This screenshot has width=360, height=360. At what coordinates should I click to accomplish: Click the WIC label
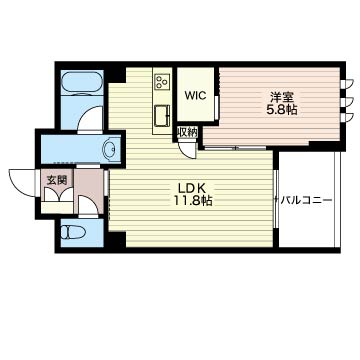(x=194, y=97)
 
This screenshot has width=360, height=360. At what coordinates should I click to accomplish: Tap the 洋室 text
(x=279, y=96)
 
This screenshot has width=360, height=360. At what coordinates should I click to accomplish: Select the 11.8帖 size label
(x=193, y=202)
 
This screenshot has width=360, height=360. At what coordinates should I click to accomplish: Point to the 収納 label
(x=187, y=132)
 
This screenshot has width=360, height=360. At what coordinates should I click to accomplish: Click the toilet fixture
(x=72, y=234)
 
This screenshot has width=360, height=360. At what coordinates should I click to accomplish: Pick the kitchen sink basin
(x=160, y=116)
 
